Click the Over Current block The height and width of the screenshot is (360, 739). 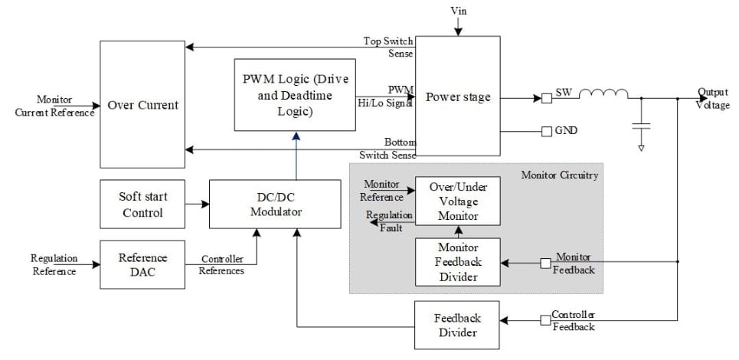(x=143, y=105)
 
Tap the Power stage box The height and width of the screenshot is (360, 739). (x=458, y=97)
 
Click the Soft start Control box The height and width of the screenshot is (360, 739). (x=143, y=205)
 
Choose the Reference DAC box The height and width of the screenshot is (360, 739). (x=143, y=265)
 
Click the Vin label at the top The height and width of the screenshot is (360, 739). (x=458, y=11)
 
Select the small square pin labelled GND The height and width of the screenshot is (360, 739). (x=547, y=131)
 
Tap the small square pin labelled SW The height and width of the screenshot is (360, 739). (x=547, y=98)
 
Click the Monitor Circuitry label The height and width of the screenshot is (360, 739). (x=559, y=175)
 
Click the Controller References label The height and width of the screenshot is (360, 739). (x=223, y=265)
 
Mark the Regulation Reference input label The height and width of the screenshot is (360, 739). (x=54, y=265)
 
